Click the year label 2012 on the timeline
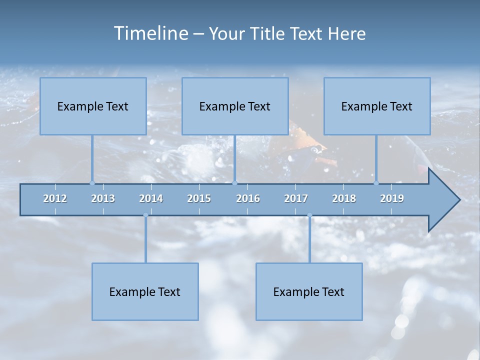coord(55,198)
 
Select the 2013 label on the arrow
coord(103,198)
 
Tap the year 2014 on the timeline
coord(151,198)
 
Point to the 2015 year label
coord(199,198)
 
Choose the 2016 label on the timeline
coord(248,198)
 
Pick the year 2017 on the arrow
coord(296,198)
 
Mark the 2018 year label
coord(344,198)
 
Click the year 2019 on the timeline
coord(392,198)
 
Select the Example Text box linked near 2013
coord(93,106)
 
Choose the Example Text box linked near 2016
coord(235,106)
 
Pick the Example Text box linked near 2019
coord(377,106)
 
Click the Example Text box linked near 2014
coord(145,291)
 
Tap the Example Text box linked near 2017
coord(309,291)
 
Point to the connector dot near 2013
coord(92,183)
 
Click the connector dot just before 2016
coord(235,183)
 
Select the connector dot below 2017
coord(309,215)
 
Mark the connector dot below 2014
coord(145,215)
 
